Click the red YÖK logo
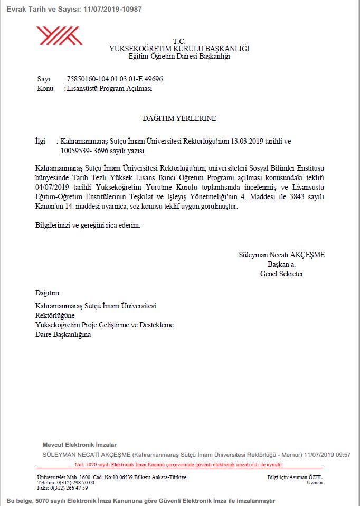pyautogui.click(x=59, y=36)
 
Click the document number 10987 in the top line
pyautogui.click(x=131, y=10)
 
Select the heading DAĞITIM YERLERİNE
pyautogui.click(x=179, y=119)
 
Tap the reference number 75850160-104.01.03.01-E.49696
pyautogui.click(x=114, y=79)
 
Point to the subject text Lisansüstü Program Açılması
pyautogui.click(x=109, y=89)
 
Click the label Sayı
pyautogui.click(x=43, y=79)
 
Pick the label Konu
pyautogui.click(x=45, y=89)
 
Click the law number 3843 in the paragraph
pyautogui.click(x=297, y=196)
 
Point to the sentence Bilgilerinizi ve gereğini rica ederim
pyautogui.click(x=88, y=226)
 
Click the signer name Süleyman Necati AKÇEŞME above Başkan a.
pyautogui.click(x=281, y=255)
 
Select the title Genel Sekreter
pyautogui.click(x=281, y=274)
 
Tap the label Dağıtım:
pyautogui.click(x=48, y=293)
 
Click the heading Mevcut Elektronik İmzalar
pyautogui.click(x=79, y=445)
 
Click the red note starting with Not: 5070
pyautogui.click(x=179, y=465)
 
